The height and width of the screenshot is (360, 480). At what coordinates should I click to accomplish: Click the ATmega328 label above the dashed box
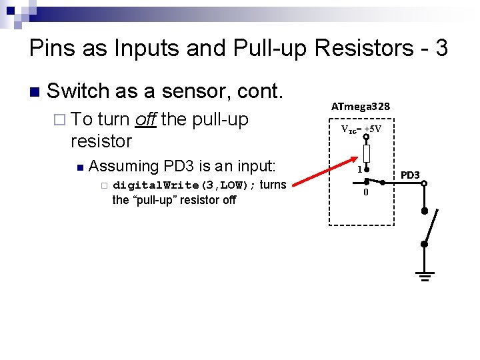(361, 107)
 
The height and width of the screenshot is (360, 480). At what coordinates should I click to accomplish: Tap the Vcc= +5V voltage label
(361, 129)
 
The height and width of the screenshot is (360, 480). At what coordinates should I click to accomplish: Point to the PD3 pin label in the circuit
(410, 175)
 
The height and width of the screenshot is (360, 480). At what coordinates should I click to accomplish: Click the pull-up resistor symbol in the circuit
(367, 155)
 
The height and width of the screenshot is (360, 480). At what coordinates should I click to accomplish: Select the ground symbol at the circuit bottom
(424, 275)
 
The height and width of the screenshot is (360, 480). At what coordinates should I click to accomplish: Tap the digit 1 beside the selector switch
(359, 169)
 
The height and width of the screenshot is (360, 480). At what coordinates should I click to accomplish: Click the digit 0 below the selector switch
(365, 193)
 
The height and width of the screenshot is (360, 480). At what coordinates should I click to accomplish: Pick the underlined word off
(145, 119)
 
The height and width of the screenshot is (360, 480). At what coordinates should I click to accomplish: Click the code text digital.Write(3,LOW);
(183, 185)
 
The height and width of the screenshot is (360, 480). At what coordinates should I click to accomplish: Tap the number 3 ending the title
(441, 48)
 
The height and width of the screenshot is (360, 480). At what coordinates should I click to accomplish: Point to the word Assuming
(123, 165)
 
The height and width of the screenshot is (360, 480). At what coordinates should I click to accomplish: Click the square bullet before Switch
(35, 91)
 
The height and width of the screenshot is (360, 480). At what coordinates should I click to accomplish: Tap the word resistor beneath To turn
(101, 141)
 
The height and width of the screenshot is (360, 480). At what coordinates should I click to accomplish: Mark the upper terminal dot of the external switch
(424, 211)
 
